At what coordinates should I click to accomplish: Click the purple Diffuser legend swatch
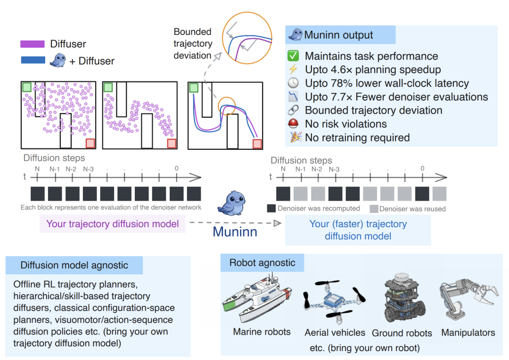pos(33,44)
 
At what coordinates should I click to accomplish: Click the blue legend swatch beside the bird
pos(33,60)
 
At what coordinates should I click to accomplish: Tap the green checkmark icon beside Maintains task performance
pos(293,56)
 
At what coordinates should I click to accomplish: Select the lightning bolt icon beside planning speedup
pos(293,69)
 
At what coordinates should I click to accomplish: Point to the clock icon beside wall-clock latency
pos(293,83)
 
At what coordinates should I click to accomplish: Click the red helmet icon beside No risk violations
pos(293,123)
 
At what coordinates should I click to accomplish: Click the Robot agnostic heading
pos(263,262)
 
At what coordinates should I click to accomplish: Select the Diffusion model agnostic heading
pos(74,265)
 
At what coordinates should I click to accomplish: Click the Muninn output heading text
pos(338,35)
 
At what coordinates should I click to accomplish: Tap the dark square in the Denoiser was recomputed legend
pos(271,208)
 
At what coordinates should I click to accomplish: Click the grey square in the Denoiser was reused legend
pos(374,209)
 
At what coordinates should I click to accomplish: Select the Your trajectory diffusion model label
pos(113,224)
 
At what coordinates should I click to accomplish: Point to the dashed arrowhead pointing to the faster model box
pos(277,223)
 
